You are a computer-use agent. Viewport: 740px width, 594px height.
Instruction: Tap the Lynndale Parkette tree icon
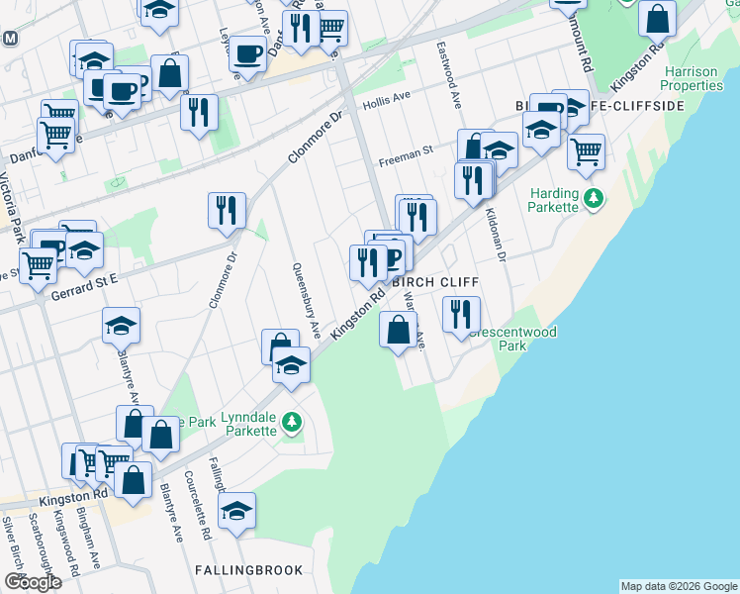pyautogui.click(x=291, y=423)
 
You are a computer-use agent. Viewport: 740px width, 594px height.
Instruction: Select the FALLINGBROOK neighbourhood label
pyautogui.click(x=241, y=570)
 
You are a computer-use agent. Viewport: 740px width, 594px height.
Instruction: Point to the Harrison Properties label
pyautogui.click(x=694, y=78)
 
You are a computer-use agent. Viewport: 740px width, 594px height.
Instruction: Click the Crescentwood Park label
pyautogui.click(x=511, y=340)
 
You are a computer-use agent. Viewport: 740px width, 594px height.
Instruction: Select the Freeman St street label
pyautogui.click(x=408, y=151)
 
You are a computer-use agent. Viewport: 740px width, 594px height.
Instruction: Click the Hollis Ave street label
pyautogui.click(x=386, y=101)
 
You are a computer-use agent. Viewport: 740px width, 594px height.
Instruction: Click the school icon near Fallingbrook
pyautogui.click(x=236, y=512)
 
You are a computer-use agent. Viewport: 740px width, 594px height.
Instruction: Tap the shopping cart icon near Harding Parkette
pyautogui.click(x=587, y=151)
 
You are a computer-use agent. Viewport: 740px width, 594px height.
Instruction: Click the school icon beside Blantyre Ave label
pyautogui.click(x=121, y=325)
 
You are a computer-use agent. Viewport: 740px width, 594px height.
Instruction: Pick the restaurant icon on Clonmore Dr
pyautogui.click(x=227, y=209)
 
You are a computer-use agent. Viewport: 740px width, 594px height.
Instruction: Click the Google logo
pyautogui.click(x=33, y=582)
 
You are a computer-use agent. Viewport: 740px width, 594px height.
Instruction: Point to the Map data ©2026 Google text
pyautogui.click(x=678, y=586)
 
